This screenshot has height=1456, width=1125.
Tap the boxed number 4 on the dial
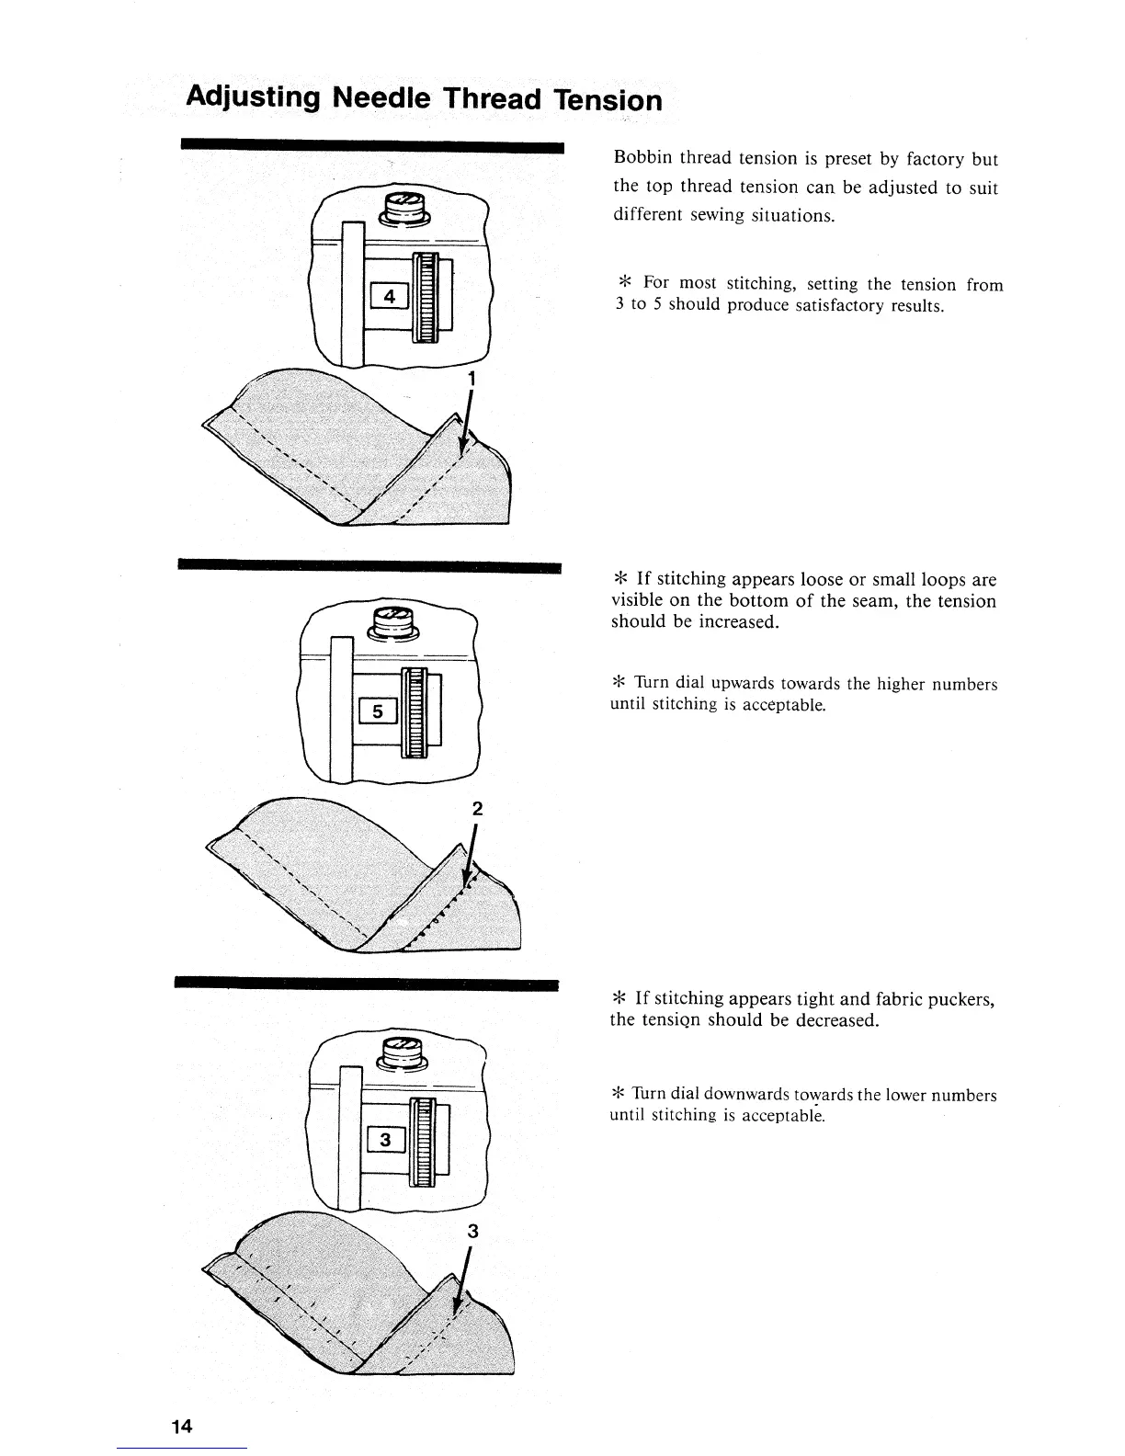391,296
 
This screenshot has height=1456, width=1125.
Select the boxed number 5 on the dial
378,711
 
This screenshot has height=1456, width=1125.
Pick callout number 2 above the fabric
476,808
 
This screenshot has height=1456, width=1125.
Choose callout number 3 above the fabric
472,1233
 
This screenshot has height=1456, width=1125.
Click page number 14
181,1427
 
